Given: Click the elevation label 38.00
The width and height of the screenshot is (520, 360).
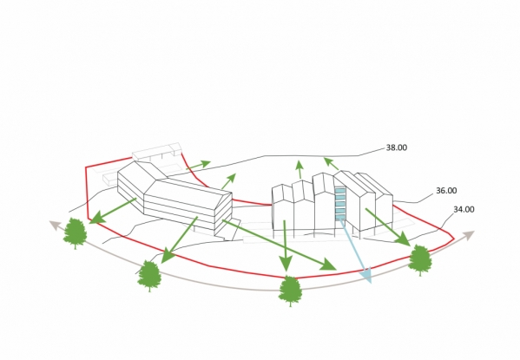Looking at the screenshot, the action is (397, 147).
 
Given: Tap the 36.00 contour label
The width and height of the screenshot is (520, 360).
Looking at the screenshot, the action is (446, 191).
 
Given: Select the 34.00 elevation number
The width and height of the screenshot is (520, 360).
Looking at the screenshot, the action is (464, 209).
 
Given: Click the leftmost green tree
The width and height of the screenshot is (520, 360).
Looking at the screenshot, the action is (76, 233).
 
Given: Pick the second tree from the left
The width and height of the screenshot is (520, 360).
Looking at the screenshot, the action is (149, 276).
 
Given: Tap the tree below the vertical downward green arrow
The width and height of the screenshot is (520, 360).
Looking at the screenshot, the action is (290, 291).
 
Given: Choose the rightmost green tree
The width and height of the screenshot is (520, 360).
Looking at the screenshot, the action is (420, 260).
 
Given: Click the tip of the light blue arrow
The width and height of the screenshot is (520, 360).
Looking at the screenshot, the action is (371, 284).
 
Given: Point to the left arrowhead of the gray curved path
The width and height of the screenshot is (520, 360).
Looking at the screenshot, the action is (49, 221).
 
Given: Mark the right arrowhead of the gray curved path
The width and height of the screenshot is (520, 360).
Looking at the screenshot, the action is (474, 231).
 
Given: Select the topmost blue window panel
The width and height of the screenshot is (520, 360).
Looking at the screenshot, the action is (339, 191).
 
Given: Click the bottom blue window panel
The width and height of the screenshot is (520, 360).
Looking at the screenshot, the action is (339, 218).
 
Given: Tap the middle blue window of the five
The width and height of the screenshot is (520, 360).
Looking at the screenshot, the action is (339, 204).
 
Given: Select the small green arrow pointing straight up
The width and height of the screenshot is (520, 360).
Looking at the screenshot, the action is (299, 169).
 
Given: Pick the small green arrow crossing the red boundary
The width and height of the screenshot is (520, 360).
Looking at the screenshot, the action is (198, 165).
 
